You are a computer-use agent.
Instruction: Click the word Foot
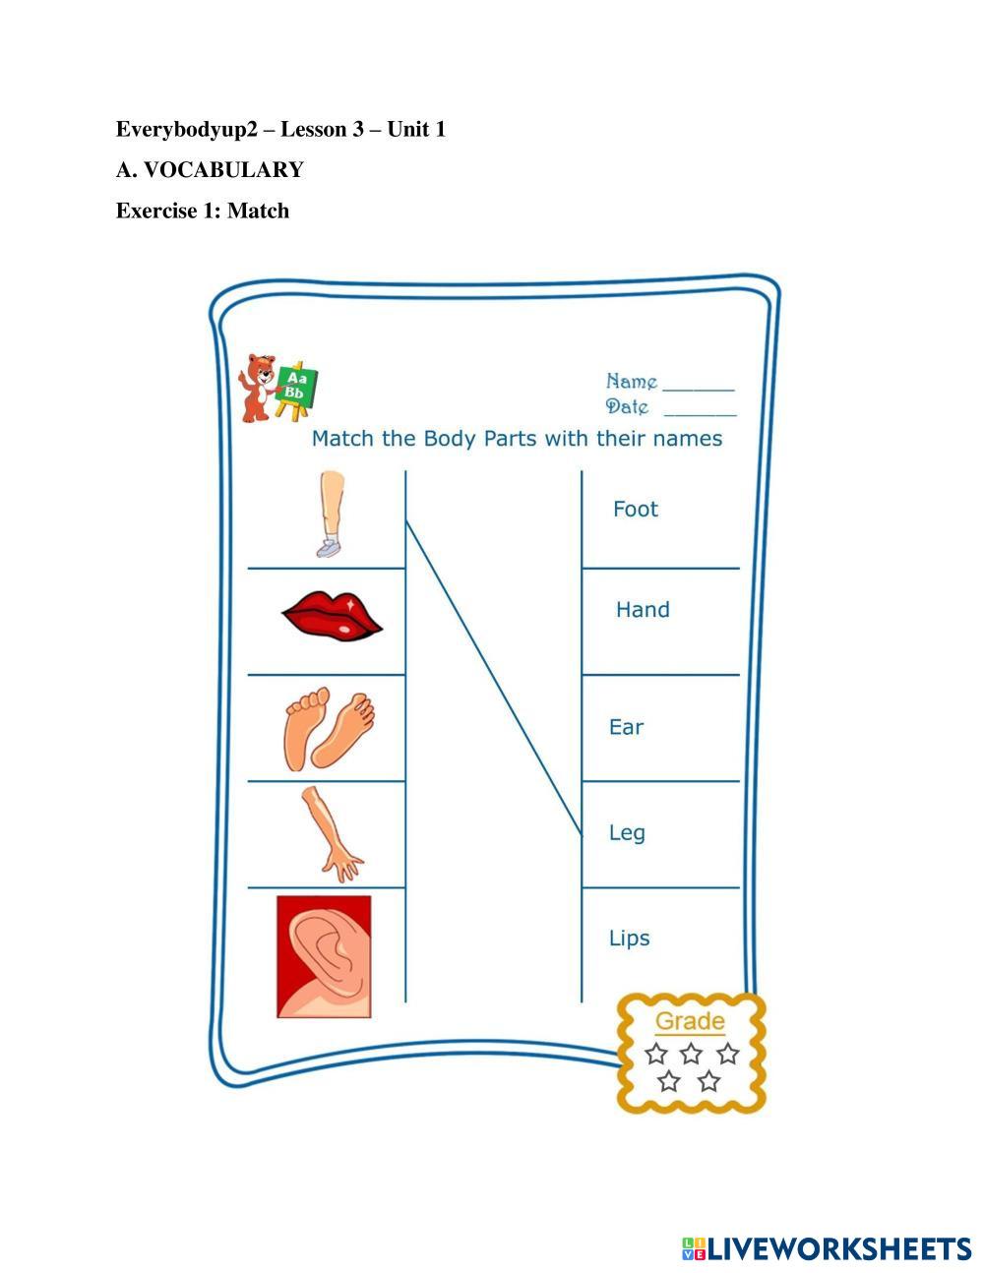coord(635,509)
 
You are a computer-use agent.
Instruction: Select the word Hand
coord(643,610)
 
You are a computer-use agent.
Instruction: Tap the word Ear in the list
coord(626,727)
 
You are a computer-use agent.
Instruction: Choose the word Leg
coord(627,833)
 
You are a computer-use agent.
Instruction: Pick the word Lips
coord(629,939)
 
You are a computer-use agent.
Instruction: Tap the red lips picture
coord(332,616)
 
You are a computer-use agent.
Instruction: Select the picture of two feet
coord(330,729)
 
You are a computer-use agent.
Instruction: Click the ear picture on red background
coord(324,955)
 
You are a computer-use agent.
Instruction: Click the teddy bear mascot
coord(258,388)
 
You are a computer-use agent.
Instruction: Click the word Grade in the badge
coord(690,1021)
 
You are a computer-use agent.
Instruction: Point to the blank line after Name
coord(699,390)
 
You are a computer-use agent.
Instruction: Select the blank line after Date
coord(700,414)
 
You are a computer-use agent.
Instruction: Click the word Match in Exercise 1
coord(259,211)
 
